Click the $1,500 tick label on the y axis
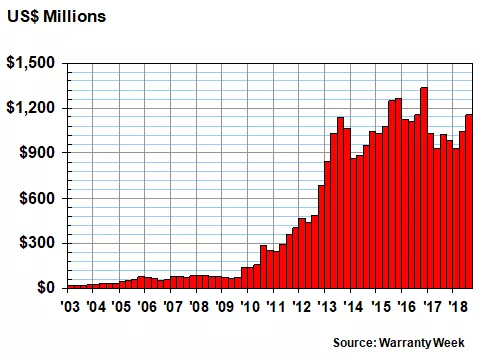(32, 63)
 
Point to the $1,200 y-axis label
(32, 108)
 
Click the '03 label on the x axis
(70, 307)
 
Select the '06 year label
(146, 307)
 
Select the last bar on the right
(469, 201)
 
